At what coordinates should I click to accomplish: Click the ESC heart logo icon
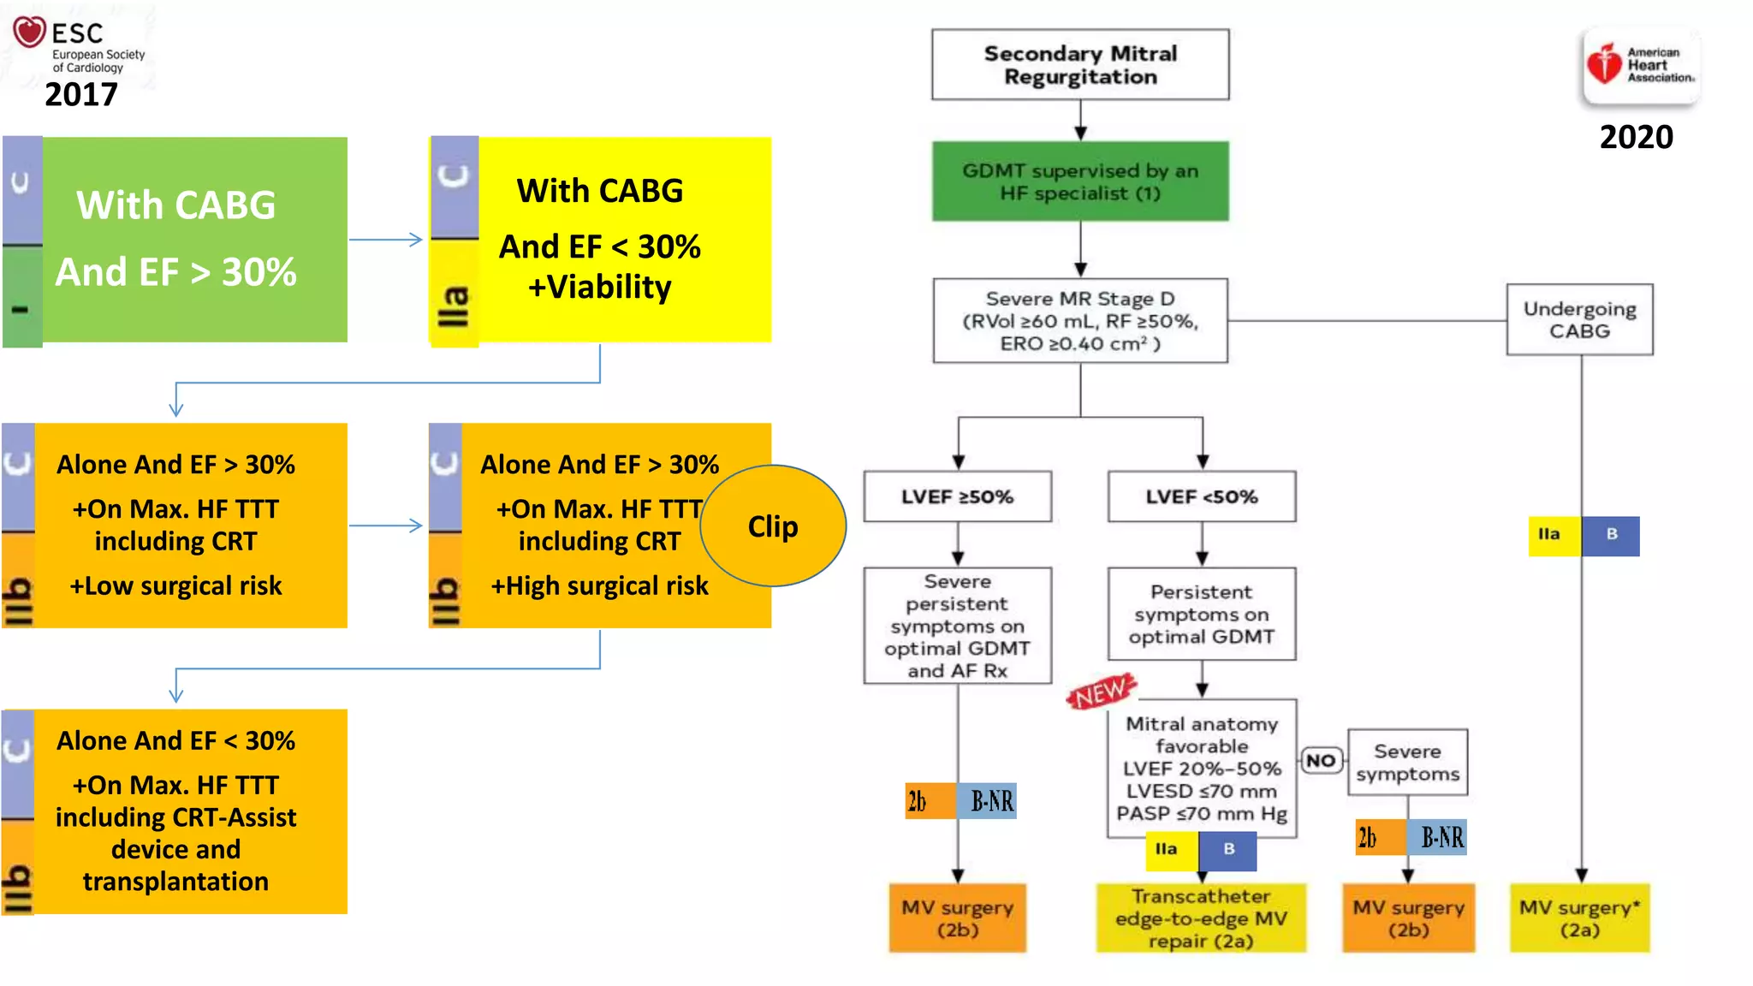(x=29, y=33)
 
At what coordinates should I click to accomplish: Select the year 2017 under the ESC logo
(x=81, y=94)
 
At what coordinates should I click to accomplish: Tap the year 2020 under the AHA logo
(x=1636, y=137)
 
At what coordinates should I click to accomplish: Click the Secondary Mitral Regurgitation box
(x=1080, y=65)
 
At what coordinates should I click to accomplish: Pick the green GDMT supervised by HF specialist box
(x=1080, y=181)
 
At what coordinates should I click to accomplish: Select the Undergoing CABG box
(x=1579, y=320)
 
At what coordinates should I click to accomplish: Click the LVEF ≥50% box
(x=957, y=496)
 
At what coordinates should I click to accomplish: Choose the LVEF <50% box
(x=1202, y=496)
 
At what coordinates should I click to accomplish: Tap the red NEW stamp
(x=1102, y=692)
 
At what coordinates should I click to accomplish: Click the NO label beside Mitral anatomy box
(x=1321, y=760)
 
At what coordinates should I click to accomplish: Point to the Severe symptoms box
(x=1407, y=763)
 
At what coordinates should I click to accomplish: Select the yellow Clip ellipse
(x=773, y=526)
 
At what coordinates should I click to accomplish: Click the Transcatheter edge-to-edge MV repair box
(x=1201, y=918)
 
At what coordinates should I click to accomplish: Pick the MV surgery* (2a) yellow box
(x=1579, y=918)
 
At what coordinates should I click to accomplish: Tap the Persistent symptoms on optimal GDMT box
(x=1202, y=614)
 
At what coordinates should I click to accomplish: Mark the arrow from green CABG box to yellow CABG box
(x=387, y=240)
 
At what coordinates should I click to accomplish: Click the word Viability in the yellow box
(x=609, y=288)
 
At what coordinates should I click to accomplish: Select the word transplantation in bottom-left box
(x=175, y=882)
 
